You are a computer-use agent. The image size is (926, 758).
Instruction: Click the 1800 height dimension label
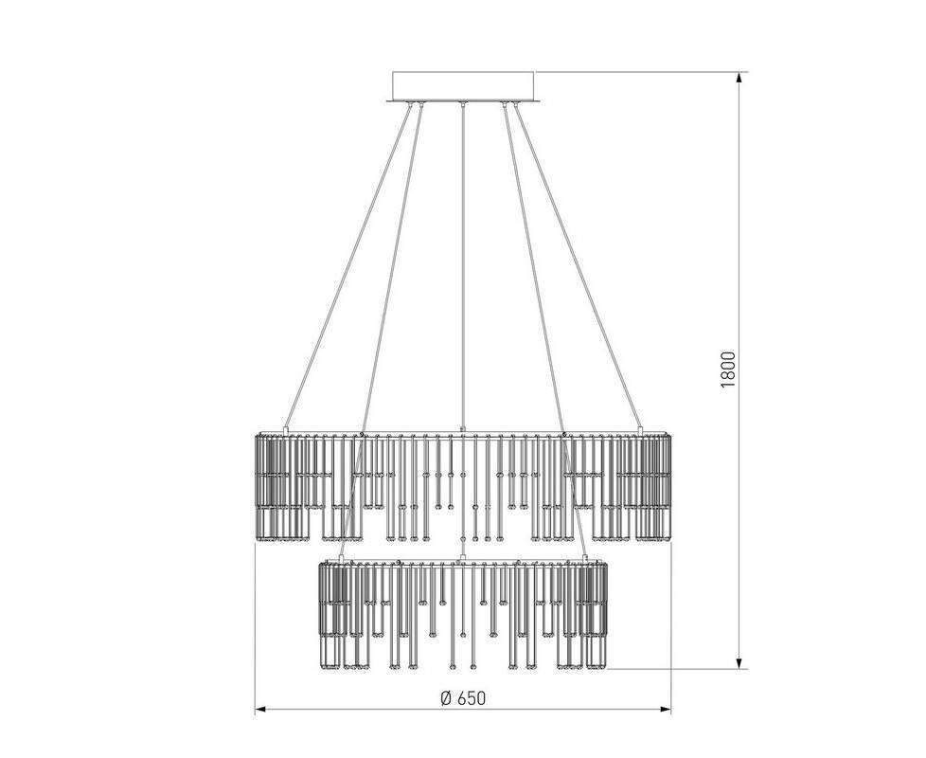click(728, 370)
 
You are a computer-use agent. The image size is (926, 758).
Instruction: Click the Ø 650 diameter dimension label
click(463, 697)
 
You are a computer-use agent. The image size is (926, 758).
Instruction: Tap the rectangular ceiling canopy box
click(463, 86)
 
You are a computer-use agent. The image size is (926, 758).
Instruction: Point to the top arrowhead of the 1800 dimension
click(739, 79)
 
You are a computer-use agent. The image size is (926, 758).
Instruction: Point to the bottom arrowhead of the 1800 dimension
click(739, 662)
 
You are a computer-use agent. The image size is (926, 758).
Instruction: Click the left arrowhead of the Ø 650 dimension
click(262, 709)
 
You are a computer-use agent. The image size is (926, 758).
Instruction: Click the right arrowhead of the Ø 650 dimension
click(665, 709)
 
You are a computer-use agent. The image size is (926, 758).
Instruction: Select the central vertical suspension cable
click(463, 266)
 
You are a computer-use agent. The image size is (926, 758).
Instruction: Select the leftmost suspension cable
click(347, 266)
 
